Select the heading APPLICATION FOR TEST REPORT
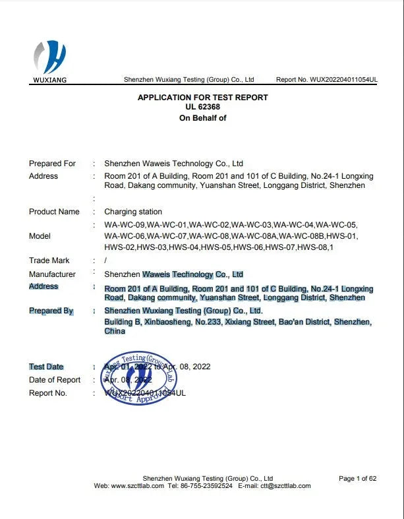202,98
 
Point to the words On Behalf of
202,118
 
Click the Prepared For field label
52,164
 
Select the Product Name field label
54,212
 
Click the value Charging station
133,212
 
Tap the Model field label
40,236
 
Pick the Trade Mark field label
49,260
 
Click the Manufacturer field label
52,274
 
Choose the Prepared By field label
51,311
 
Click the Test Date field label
46,367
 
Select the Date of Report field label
55,380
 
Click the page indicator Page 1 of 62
357,478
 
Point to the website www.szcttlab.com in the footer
137,486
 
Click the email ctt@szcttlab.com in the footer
285,486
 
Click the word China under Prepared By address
115,331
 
